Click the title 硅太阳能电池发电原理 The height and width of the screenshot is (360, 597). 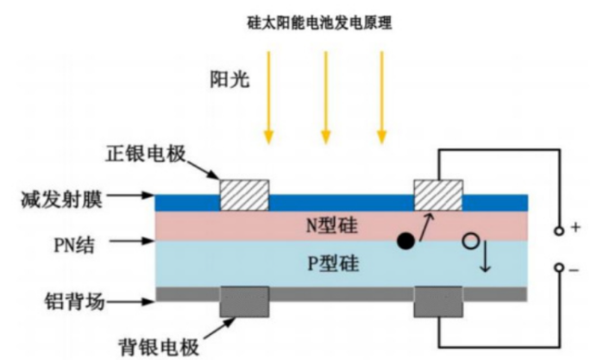click(x=319, y=22)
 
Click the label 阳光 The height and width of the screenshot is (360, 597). click(x=229, y=79)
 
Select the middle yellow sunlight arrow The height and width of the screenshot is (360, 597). click(x=325, y=98)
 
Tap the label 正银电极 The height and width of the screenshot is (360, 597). click(x=146, y=153)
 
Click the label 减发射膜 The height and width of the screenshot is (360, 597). click(x=61, y=199)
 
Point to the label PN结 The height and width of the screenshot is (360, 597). click(x=74, y=245)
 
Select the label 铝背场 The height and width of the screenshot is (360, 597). click(x=74, y=301)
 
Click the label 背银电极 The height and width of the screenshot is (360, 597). click(x=159, y=346)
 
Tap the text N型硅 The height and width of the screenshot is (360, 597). click(x=332, y=225)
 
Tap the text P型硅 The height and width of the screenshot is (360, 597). click(x=333, y=263)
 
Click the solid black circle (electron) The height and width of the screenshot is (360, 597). click(x=405, y=241)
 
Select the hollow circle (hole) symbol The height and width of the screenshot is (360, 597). click(x=470, y=241)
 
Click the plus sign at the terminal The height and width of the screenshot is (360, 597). click(x=575, y=227)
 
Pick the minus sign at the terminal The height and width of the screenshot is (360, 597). click(x=575, y=270)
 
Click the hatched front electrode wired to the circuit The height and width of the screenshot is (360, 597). click(x=438, y=195)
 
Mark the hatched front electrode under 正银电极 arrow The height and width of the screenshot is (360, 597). click(x=244, y=195)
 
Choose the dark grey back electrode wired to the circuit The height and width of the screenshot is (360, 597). click(x=438, y=301)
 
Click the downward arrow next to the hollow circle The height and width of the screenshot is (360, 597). click(x=485, y=256)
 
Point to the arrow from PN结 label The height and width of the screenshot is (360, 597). click(x=131, y=241)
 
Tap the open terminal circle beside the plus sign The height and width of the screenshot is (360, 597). click(x=559, y=231)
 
